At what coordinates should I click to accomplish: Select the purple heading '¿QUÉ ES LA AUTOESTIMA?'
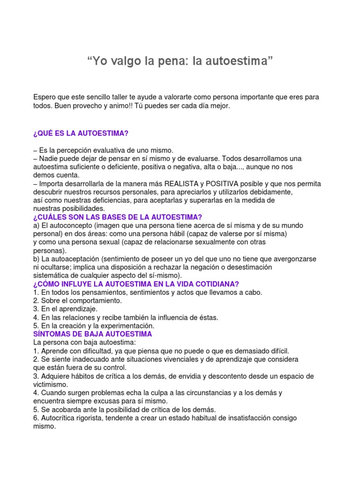click(x=81, y=134)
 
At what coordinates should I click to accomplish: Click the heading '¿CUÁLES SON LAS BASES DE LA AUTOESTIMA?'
click(x=118, y=217)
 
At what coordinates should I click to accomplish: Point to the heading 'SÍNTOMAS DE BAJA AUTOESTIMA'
click(x=93, y=334)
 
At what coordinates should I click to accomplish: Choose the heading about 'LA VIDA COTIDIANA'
click(x=136, y=284)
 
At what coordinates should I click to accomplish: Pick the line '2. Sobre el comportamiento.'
click(x=77, y=300)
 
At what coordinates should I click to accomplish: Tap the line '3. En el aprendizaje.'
click(x=66, y=309)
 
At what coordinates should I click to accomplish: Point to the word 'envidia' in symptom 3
click(x=209, y=376)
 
